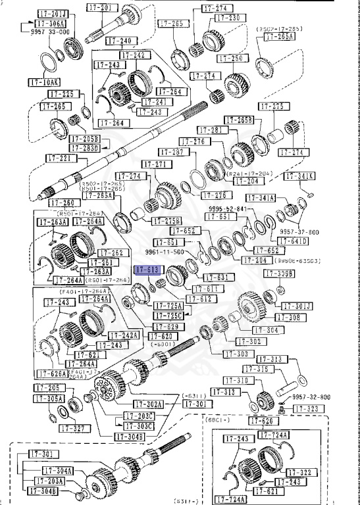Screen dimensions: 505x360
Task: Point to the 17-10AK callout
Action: coord(44,83)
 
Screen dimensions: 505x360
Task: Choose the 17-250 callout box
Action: coord(211,59)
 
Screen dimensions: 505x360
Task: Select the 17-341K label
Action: coord(299,176)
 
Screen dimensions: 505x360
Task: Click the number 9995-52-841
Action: coord(227,208)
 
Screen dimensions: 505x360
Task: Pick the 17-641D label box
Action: coord(296,241)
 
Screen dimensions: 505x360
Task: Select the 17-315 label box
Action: coord(271,370)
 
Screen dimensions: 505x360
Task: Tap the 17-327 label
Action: coord(73,428)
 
